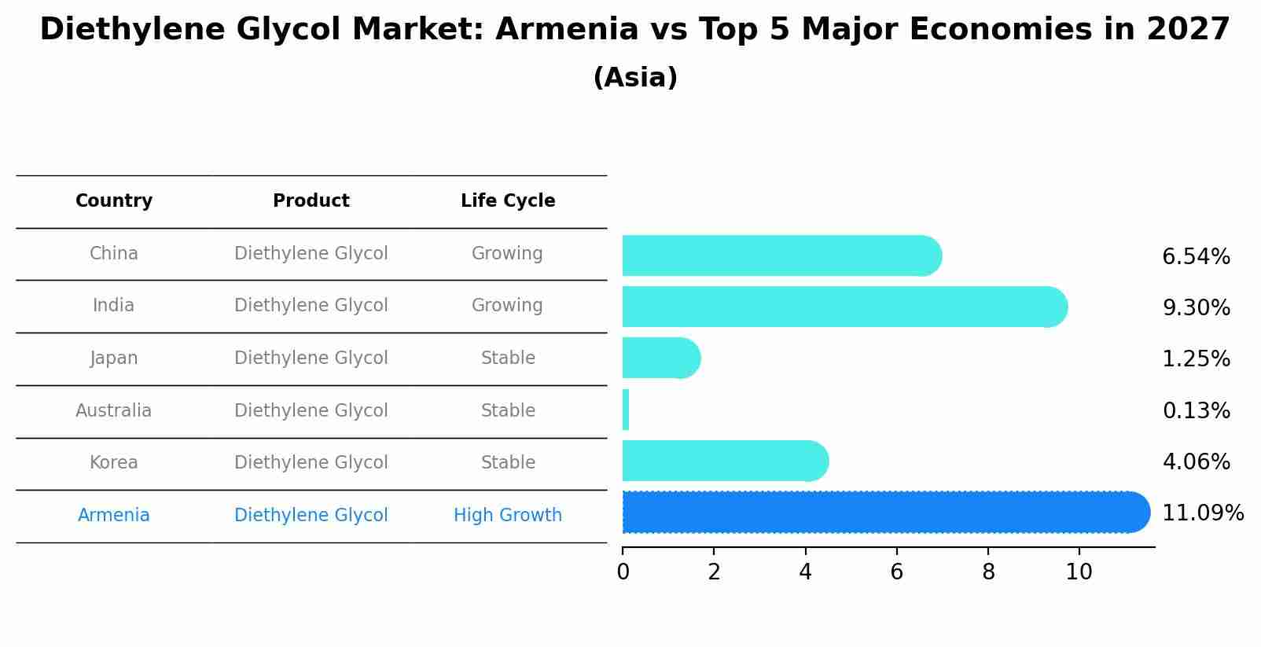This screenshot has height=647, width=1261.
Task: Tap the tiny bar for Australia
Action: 626,410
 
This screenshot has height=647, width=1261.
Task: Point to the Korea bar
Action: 724,461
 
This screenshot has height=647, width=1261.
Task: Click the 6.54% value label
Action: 1196,257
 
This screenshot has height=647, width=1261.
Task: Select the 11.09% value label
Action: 1202,513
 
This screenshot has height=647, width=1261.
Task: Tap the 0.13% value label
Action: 1196,410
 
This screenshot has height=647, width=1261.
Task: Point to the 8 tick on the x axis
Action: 988,572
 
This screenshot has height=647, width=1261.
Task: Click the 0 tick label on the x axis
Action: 623,572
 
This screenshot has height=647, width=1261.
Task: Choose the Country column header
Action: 114,201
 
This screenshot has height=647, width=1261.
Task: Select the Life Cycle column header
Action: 508,201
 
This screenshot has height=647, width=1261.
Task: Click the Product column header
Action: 311,201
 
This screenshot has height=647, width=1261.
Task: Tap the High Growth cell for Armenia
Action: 508,516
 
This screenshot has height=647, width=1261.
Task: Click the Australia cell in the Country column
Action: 114,410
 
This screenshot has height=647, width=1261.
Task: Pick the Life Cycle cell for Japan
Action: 508,358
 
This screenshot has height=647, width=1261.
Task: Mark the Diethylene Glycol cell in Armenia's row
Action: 311,516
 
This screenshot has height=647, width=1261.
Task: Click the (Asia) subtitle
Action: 635,78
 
